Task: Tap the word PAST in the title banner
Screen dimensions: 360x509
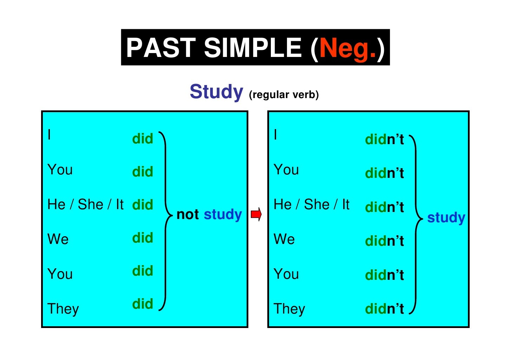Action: (161, 48)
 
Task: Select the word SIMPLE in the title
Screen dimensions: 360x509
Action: (253, 48)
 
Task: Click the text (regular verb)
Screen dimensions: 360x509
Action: (283, 95)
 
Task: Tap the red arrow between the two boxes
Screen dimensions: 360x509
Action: (256, 214)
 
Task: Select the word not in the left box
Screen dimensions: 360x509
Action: (188, 214)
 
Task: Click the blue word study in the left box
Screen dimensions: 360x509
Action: (223, 215)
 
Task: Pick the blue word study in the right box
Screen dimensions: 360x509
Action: (446, 218)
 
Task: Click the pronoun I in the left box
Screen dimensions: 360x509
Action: (50, 135)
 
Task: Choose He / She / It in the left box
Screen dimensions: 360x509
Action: (85, 204)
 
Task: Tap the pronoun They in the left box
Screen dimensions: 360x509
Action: (63, 309)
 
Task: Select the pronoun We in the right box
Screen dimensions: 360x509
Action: (284, 239)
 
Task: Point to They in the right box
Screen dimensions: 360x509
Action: (289, 309)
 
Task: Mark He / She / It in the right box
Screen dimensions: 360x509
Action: (311, 204)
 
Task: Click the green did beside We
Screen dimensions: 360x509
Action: (143, 238)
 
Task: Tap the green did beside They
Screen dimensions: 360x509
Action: (143, 304)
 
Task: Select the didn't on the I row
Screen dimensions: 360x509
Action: (384, 140)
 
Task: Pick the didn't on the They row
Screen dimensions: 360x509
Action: (384, 309)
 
